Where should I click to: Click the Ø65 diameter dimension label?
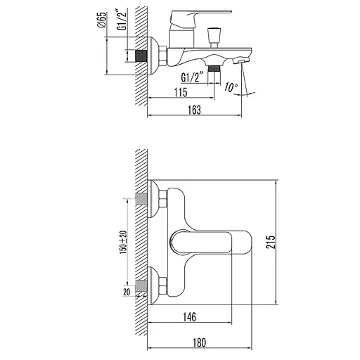click(x=103, y=20)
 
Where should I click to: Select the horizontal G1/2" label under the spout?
click(x=192, y=77)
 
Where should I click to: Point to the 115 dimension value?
click(x=181, y=92)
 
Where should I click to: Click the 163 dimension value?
click(x=195, y=110)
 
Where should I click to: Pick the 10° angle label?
click(x=231, y=87)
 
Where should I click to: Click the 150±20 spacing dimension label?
click(x=124, y=242)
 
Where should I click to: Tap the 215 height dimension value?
click(x=271, y=242)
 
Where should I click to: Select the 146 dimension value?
click(x=189, y=317)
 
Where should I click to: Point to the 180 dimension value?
click(x=200, y=342)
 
